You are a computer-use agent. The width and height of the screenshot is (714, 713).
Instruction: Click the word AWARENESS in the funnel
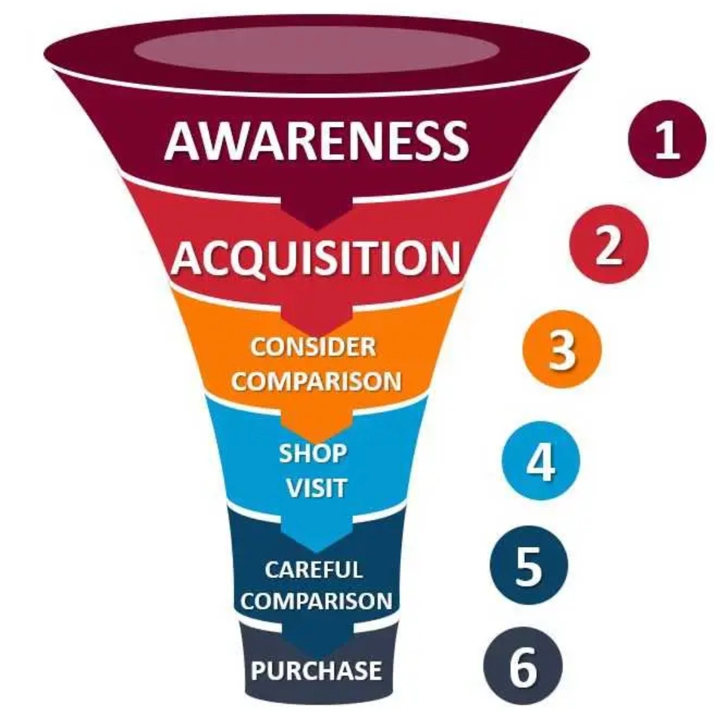pyautogui.click(x=317, y=141)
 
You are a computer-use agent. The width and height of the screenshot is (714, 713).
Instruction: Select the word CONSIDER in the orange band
pyautogui.click(x=313, y=347)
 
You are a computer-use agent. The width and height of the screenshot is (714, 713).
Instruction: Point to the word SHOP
pyautogui.click(x=313, y=453)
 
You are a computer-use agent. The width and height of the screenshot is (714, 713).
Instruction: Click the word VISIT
pyautogui.click(x=315, y=488)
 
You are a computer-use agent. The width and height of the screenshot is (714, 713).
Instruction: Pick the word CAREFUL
pyautogui.click(x=314, y=569)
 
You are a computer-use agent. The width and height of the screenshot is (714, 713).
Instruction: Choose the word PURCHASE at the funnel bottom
pyautogui.click(x=317, y=670)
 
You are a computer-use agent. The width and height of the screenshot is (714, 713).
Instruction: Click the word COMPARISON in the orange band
pyautogui.click(x=317, y=382)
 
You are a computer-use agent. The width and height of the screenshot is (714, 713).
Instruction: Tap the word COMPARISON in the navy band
pyautogui.click(x=321, y=601)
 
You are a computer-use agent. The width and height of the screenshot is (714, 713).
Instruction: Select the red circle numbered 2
pyautogui.click(x=607, y=245)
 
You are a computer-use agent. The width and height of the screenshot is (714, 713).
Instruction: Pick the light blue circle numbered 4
pyautogui.click(x=540, y=461)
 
